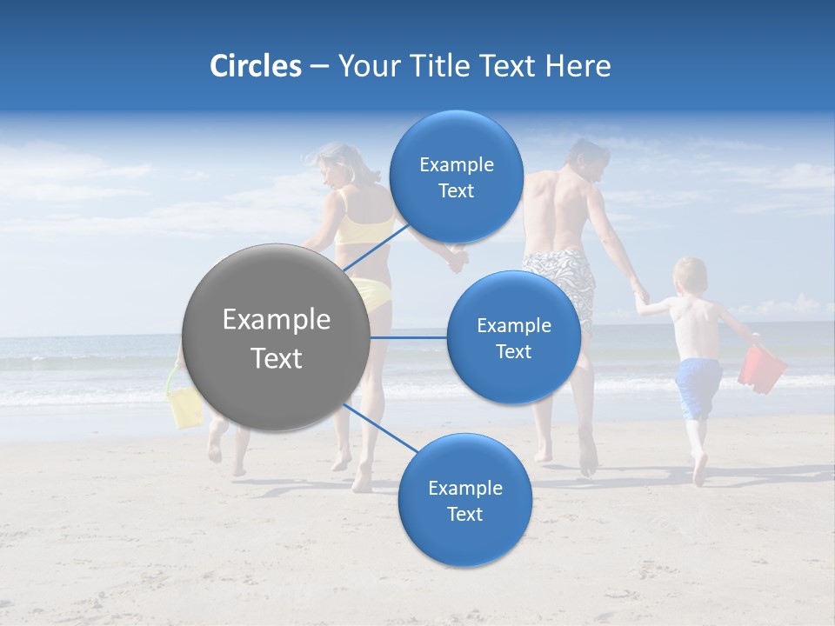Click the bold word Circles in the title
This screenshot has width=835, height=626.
pos(255,66)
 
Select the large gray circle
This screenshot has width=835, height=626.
pos(277,337)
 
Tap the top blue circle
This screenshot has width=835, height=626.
pos(456,176)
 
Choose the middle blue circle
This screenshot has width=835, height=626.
pos(513,337)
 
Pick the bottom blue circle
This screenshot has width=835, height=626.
pos(464,500)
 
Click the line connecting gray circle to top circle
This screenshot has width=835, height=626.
pos(376,247)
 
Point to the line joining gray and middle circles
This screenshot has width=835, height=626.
pos(409,337)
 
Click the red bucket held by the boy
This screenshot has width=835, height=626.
pos(761,369)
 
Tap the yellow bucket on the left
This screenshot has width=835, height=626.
pos(184,405)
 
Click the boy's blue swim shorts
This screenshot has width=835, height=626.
pos(698,387)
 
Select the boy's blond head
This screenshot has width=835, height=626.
pos(691,276)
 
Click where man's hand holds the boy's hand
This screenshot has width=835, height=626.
pos(641,297)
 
